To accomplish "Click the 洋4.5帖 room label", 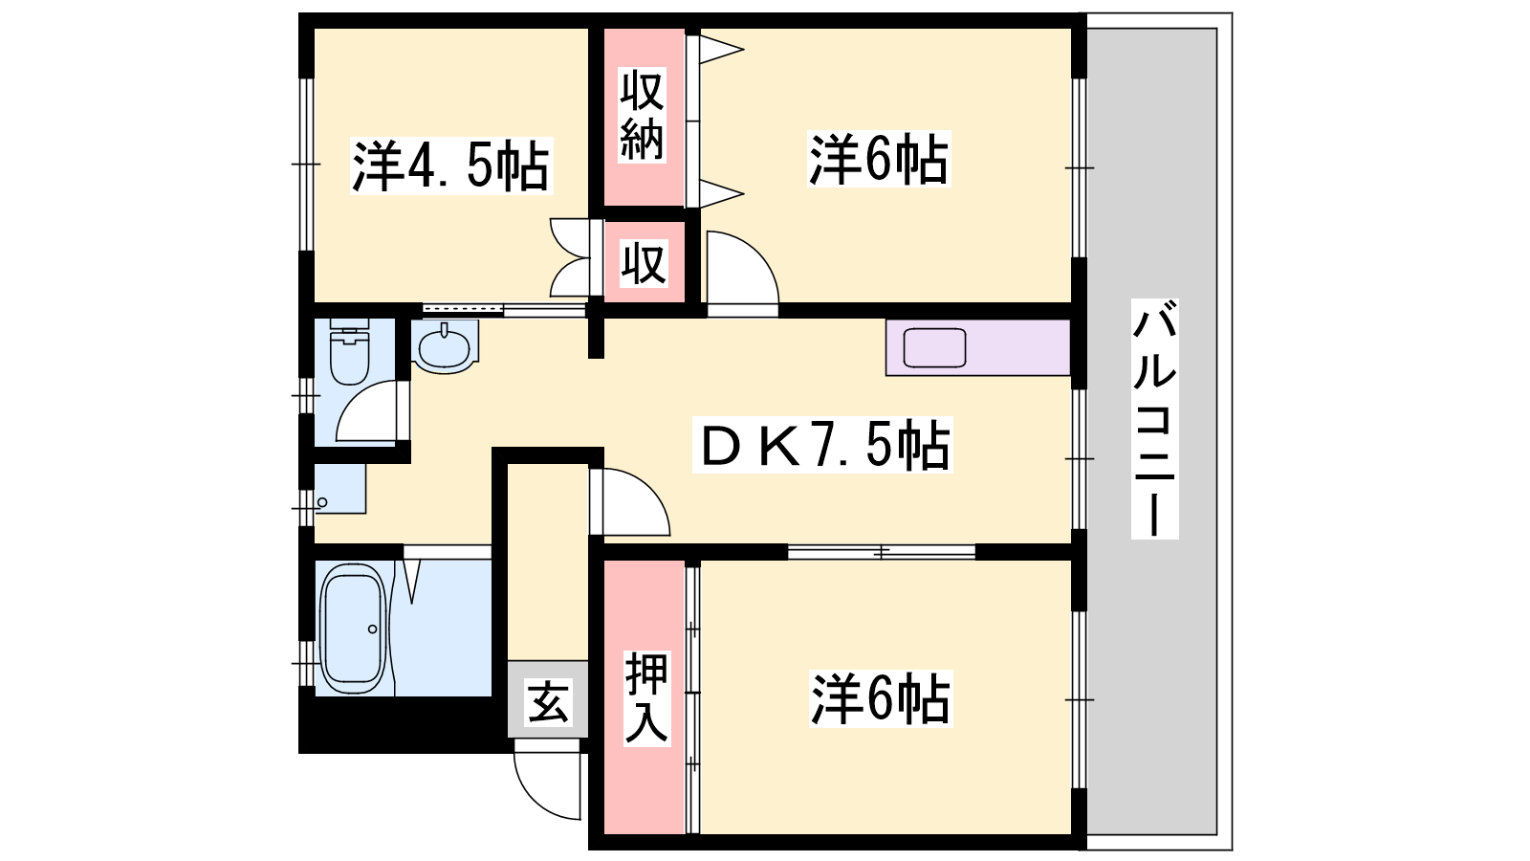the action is coord(450,166).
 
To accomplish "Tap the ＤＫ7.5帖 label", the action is coord(822,445).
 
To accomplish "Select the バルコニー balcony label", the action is coord(1154,418).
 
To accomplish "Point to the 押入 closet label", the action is coord(645,697).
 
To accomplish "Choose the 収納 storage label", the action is coord(642,115).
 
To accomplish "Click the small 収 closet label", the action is coord(643,264).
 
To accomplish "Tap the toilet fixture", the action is coord(350,351).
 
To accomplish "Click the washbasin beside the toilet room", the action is coord(444,347).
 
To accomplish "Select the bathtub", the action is coord(354,629).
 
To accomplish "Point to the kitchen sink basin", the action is coord(934,348).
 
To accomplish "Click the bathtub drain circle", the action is coord(372,629).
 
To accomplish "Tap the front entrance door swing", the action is coord(547,784).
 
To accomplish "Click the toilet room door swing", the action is coord(366,411).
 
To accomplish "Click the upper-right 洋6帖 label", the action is coord(879,159).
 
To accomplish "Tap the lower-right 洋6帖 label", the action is coord(881,699).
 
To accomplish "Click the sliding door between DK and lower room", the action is coord(881,551).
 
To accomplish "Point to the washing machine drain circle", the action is coord(322,503).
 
